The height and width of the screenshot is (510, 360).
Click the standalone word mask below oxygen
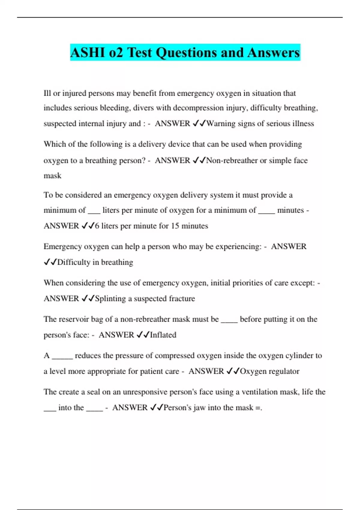click(x=52, y=176)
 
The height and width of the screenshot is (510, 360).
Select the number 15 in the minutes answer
click(x=175, y=226)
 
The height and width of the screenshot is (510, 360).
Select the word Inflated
click(x=163, y=335)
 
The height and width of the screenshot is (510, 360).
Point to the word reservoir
click(x=73, y=319)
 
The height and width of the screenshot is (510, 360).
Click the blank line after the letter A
click(x=62, y=357)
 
